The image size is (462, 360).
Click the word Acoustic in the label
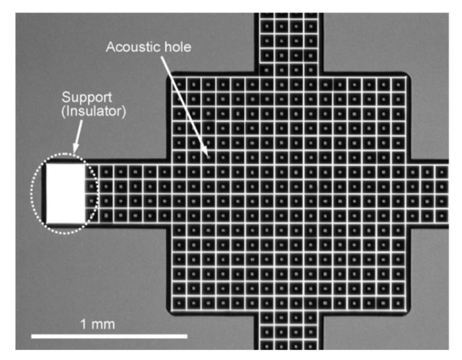(x=133, y=47)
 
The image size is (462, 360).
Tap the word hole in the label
(x=177, y=47)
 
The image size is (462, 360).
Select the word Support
(x=87, y=98)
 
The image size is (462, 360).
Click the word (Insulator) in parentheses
(x=93, y=111)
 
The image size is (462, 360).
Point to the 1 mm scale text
(x=97, y=325)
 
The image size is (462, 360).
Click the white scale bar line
(x=109, y=336)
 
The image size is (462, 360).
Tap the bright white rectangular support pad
(x=66, y=194)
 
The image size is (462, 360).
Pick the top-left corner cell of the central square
(x=179, y=85)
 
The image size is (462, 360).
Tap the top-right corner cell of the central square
(x=399, y=85)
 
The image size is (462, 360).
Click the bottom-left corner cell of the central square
(x=179, y=302)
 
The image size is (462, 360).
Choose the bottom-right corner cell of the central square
(x=399, y=302)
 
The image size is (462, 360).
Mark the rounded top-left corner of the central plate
(x=170, y=75)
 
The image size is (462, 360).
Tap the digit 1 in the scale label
(x=84, y=325)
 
